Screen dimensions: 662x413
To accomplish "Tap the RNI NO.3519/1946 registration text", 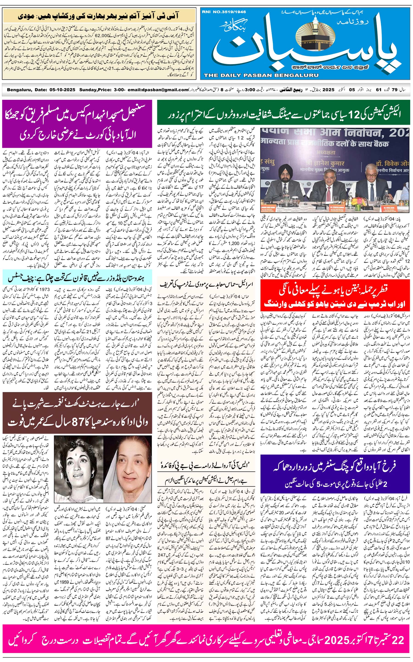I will (224, 12).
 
